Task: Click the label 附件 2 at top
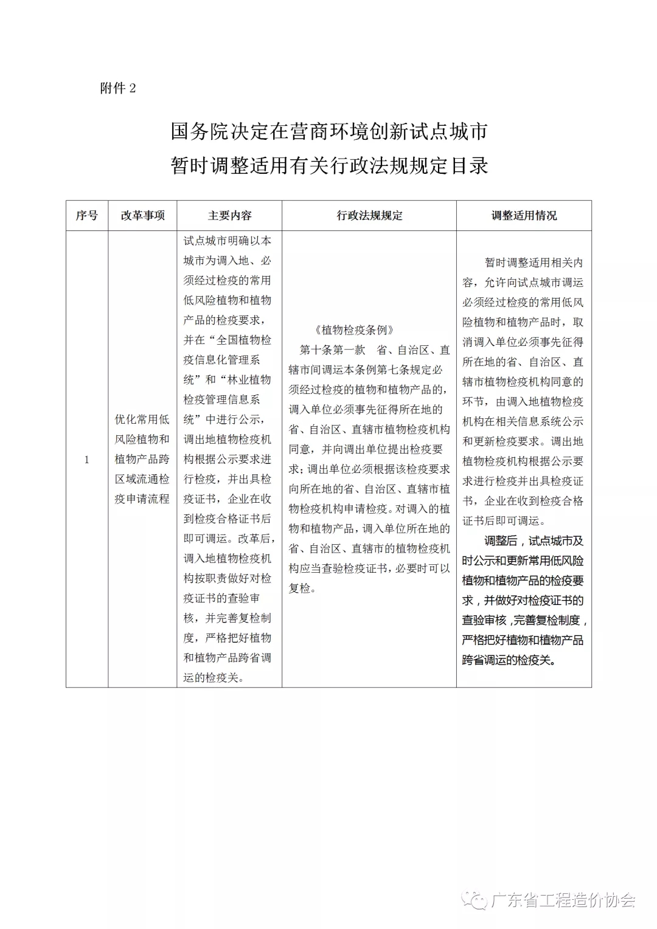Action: click(x=118, y=89)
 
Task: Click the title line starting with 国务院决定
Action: click(x=328, y=132)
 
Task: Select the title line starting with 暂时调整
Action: click(x=328, y=166)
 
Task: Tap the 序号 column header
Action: click(x=87, y=216)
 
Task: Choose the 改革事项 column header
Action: click(x=142, y=216)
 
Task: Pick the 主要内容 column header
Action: click(x=229, y=216)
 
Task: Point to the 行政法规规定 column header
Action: click(x=369, y=216)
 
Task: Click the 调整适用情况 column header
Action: click(x=524, y=216)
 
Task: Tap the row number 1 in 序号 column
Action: click(x=87, y=460)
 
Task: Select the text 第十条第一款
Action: click(x=332, y=350)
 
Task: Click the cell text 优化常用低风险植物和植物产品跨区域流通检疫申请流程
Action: click(x=142, y=459)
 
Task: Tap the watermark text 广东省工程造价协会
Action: click(x=563, y=900)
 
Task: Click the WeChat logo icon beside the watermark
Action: click(x=474, y=900)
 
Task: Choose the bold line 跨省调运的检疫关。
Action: click(x=509, y=660)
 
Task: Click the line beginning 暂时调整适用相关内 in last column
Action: click(x=534, y=263)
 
